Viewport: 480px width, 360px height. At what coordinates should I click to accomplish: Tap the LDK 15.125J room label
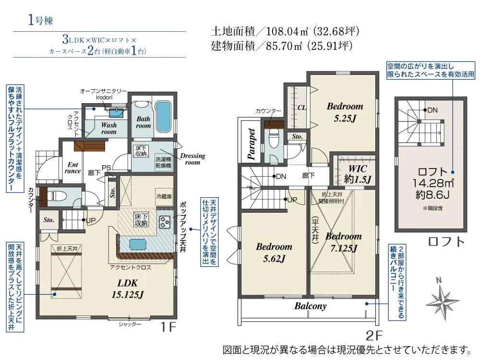tap(128, 288)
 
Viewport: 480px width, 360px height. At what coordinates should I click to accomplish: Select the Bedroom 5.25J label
tap(345, 111)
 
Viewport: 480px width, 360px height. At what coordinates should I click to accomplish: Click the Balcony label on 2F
tap(310, 306)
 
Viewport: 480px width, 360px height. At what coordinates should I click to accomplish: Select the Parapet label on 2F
tap(252, 144)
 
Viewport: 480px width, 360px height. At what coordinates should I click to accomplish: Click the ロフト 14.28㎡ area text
tap(432, 177)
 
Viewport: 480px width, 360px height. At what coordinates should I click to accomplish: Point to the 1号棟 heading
tap(41, 20)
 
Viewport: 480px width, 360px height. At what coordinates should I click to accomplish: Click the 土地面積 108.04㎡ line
tap(285, 32)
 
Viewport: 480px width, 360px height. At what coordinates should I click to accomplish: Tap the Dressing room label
tap(192, 159)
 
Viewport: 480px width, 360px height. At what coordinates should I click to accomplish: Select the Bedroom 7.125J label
tap(343, 242)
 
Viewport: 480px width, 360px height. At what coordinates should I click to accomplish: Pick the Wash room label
tap(108, 128)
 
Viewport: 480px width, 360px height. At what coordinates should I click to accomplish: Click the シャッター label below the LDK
tap(130, 324)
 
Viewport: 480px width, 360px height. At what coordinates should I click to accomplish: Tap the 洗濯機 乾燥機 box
tap(163, 162)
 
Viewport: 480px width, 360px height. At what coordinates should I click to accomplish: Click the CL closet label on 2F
tap(301, 108)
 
